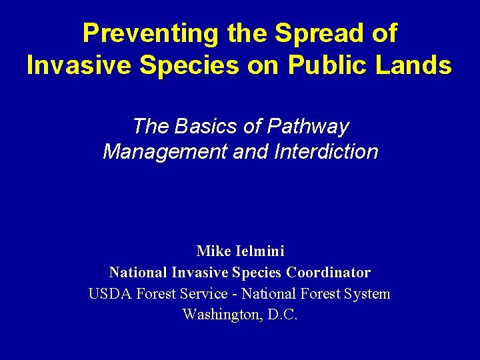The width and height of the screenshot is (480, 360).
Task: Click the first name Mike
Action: (x=212, y=251)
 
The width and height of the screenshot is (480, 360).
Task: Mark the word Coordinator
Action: (x=329, y=273)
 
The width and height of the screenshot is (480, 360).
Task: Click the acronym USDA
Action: (x=111, y=294)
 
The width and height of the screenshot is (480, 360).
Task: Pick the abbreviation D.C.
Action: (x=283, y=315)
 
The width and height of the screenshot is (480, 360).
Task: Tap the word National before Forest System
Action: (x=268, y=294)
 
